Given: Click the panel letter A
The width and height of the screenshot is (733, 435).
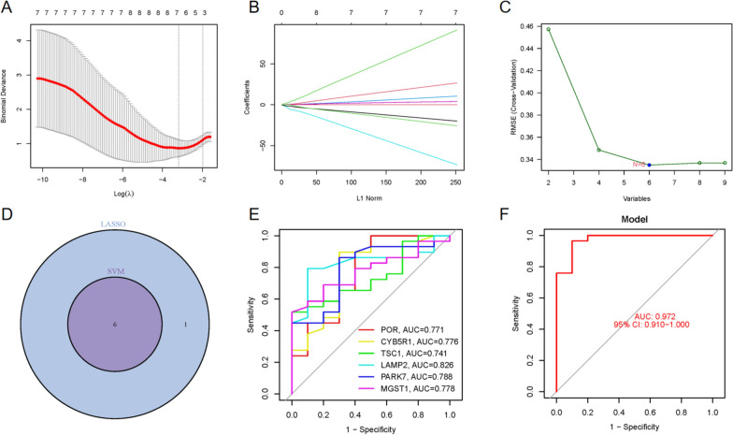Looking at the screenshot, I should [x=7, y=12].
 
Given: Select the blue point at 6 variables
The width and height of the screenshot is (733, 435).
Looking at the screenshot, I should [x=649, y=165].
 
